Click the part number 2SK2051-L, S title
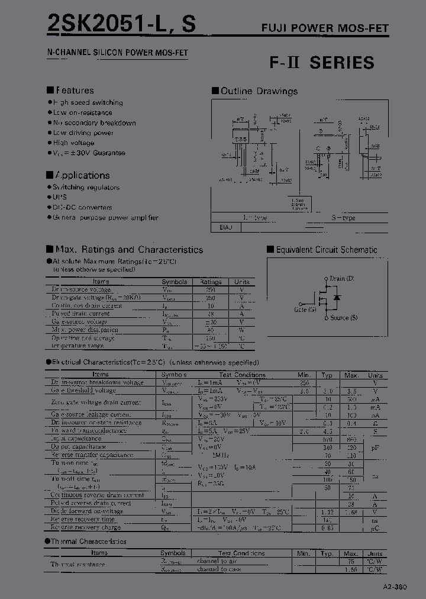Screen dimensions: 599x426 pos(121,24)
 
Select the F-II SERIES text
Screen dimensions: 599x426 pos(322,63)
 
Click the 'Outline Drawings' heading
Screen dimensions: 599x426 pos(259,91)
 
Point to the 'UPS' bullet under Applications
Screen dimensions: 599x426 pos(60,197)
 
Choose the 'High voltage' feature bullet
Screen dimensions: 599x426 pos(73,143)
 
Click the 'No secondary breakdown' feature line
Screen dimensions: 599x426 pos(94,123)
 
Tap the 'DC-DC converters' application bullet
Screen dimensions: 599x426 pos(82,207)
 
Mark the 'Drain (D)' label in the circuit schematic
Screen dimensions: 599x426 pos(341,278)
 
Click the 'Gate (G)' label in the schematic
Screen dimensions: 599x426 pos(305,309)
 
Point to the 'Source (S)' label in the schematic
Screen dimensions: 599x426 pos(343,318)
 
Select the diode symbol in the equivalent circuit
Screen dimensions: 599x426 pos(337,298)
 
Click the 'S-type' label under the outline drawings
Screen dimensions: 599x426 pos(343,218)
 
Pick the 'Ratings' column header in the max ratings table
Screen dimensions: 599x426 pos(210,282)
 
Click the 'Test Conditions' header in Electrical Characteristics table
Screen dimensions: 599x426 pos(241,375)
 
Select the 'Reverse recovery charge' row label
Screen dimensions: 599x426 pos(86,527)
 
